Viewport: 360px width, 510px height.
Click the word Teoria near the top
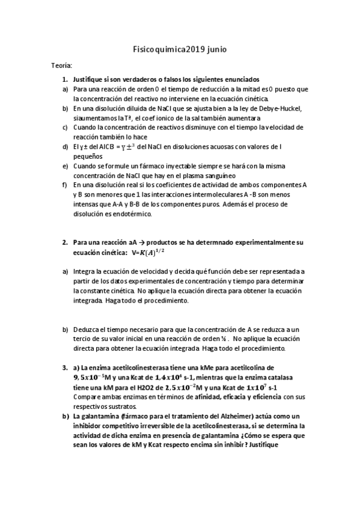[x=63, y=65]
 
